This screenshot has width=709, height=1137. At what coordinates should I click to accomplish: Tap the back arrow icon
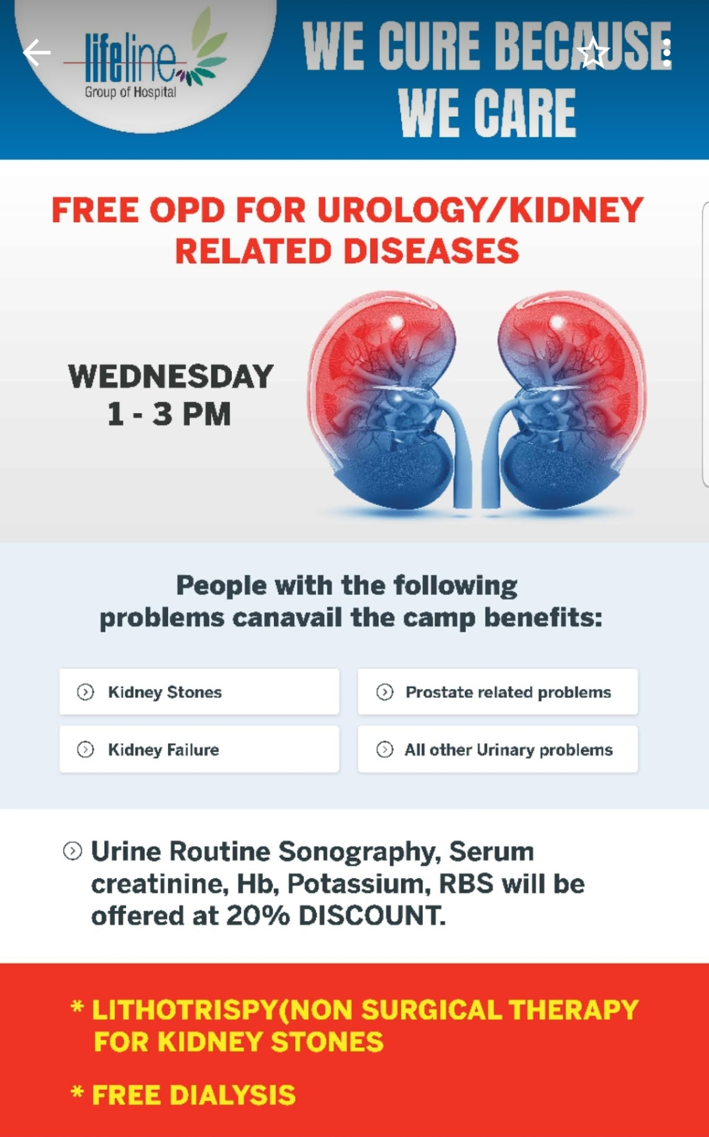click(37, 53)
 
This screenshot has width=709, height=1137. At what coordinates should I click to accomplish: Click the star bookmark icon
click(593, 52)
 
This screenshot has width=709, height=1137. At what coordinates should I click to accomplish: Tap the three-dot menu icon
click(666, 52)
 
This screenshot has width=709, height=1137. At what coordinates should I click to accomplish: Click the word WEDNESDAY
click(171, 376)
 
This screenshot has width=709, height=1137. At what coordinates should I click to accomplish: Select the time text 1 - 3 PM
click(169, 414)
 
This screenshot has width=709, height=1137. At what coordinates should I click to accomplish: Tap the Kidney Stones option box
click(199, 692)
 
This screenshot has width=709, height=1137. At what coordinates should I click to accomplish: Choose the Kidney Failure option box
click(199, 749)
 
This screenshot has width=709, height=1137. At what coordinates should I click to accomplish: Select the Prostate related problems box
click(498, 692)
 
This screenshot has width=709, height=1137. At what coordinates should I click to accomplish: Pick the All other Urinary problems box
click(498, 749)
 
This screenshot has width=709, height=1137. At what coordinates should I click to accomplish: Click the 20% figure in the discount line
click(258, 916)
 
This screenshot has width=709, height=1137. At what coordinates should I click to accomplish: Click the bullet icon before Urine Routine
click(73, 851)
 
